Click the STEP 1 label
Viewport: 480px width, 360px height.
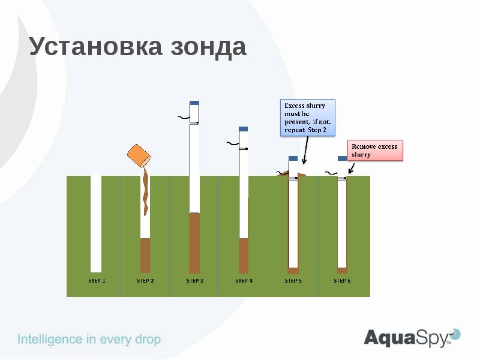[x=97, y=280]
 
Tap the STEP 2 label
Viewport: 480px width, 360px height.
[x=145, y=280]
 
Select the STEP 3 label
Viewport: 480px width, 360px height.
[x=194, y=280]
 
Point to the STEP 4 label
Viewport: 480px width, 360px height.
[x=244, y=280]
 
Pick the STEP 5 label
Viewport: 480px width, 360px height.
[x=293, y=280]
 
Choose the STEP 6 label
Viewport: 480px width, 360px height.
[x=342, y=280]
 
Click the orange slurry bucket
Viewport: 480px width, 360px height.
[x=140, y=155]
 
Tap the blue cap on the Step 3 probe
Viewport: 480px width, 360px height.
[x=194, y=103]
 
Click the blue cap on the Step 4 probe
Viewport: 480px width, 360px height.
[x=244, y=129]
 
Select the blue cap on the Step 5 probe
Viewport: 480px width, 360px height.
[x=293, y=158]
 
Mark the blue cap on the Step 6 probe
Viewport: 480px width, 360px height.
[x=342, y=158]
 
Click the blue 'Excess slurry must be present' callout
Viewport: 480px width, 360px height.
[x=308, y=118]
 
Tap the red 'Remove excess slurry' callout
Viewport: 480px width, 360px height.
[x=376, y=151]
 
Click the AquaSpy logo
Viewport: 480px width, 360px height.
[x=412, y=337]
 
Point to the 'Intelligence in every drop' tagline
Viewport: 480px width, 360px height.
[x=89, y=340]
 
